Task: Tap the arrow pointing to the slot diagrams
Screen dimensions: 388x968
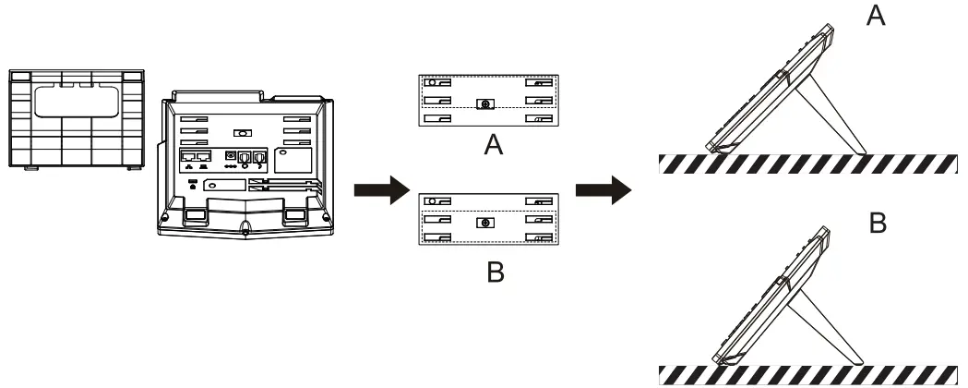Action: (380, 192)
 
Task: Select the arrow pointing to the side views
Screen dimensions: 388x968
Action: (603, 192)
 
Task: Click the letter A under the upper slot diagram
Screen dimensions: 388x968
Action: (494, 146)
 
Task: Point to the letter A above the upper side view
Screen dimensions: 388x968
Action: (874, 17)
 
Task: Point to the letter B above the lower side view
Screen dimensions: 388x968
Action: (878, 224)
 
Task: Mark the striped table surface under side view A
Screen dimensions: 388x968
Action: (812, 164)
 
